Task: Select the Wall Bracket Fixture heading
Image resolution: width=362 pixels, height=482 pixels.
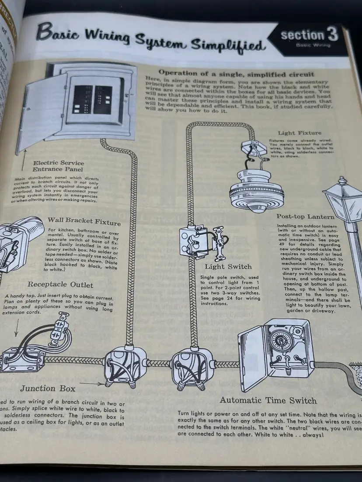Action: pyautogui.click(x=84, y=221)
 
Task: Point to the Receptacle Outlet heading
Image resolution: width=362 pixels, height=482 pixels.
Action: pyautogui.click(x=60, y=285)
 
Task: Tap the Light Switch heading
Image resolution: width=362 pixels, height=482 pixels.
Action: pyautogui.click(x=228, y=266)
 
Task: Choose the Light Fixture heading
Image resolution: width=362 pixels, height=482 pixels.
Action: pyautogui.click(x=299, y=133)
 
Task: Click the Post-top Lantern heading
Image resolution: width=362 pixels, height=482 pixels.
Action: pyautogui.click(x=306, y=216)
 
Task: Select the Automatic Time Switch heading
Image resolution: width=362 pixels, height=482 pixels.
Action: pyautogui.click(x=268, y=400)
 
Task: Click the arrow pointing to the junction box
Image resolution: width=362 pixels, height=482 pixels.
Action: pyautogui.click(x=94, y=384)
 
